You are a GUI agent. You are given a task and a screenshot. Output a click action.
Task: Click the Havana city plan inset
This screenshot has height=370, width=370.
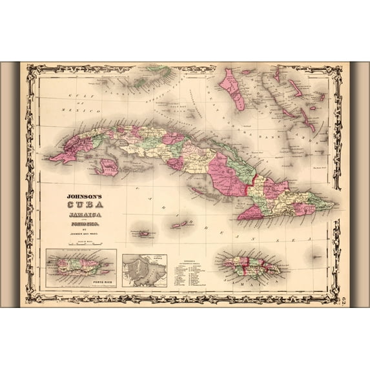point(144,270)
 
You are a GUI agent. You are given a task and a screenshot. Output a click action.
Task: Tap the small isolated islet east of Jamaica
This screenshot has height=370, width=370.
point(316,256)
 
